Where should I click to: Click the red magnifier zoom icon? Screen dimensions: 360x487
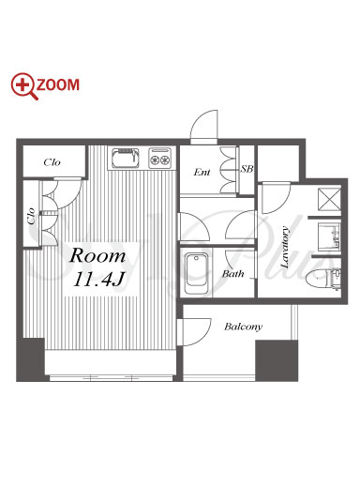(22, 85)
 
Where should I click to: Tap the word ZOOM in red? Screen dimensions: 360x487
(58, 85)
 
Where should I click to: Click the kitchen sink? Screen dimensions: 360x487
(125, 158)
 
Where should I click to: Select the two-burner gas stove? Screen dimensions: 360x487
(160, 158)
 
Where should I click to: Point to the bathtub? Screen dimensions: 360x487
(196, 273)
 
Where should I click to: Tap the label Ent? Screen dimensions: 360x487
(202, 172)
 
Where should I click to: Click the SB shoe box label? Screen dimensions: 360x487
(247, 169)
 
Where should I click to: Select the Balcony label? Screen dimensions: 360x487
(243, 327)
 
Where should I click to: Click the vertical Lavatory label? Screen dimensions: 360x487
(285, 247)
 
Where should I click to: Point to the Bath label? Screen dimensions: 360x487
(232, 274)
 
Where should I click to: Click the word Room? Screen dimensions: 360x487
(97, 255)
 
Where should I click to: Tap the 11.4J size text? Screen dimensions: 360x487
(98, 279)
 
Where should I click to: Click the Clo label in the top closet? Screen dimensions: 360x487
(52, 162)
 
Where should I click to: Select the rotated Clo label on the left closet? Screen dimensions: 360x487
(31, 216)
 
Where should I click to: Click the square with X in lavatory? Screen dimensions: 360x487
(329, 199)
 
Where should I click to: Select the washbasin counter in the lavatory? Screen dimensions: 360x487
(329, 236)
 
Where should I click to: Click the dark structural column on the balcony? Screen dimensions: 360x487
(277, 360)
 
